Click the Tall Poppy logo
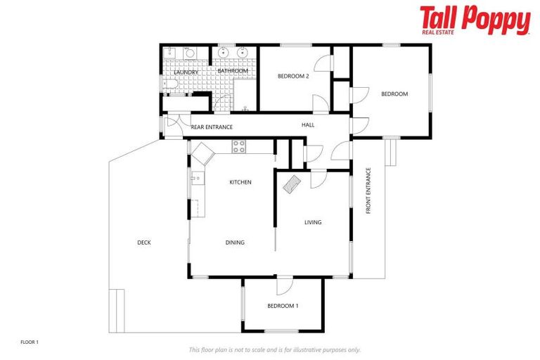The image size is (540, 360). click(x=475, y=20)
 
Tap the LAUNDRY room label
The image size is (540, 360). click(x=186, y=72)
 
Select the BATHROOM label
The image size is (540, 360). click(x=232, y=71)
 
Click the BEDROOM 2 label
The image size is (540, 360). click(x=293, y=76)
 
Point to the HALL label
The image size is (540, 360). click(x=308, y=125)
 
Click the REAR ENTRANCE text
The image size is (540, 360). click(x=212, y=127)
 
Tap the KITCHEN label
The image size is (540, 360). click(x=240, y=182)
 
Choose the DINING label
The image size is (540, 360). click(x=235, y=243)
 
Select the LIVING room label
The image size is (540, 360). click(x=313, y=222)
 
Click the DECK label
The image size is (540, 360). click(x=143, y=243)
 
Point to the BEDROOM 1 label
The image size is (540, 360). click(x=283, y=306)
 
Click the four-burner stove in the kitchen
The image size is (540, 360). click(x=239, y=147)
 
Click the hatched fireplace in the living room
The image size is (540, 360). click(x=291, y=184)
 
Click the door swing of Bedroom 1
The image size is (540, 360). click(x=283, y=286)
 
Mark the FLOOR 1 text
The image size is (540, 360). click(x=30, y=342)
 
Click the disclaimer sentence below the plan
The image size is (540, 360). click(x=274, y=349)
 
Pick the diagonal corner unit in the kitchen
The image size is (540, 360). click(x=202, y=153)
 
